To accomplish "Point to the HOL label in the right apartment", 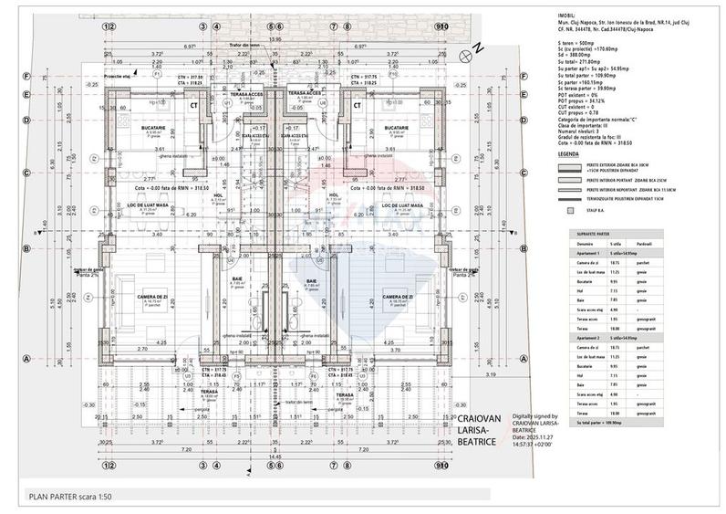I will [x=333, y=194].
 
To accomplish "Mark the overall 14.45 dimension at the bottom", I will [x=273, y=456].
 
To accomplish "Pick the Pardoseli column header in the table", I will [x=644, y=245].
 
